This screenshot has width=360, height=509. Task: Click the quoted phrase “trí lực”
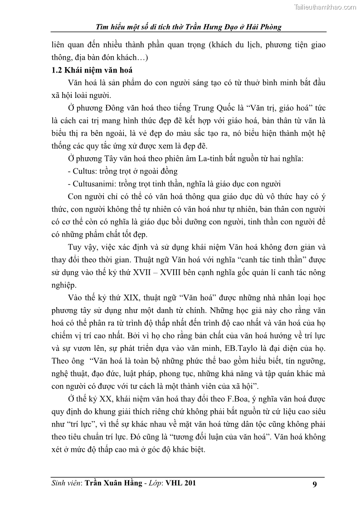click(66, 425)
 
